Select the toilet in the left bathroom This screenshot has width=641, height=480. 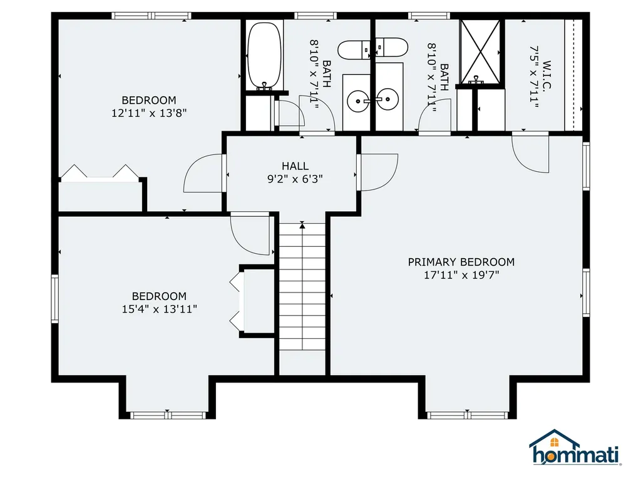tap(354, 49)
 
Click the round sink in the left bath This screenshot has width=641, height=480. tap(358, 99)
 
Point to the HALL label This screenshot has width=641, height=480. tap(295, 166)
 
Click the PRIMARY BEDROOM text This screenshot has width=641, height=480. tap(461, 262)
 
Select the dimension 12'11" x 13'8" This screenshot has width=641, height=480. tap(149, 113)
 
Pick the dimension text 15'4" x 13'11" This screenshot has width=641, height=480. tap(159, 309)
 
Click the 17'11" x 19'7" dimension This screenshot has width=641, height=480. tap(461, 274)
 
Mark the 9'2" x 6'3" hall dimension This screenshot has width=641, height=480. tap(295, 178)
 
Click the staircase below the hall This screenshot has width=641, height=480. tap(302, 287)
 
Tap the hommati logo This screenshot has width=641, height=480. tap(574, 449)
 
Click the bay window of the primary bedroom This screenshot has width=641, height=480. tap(467, 414)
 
